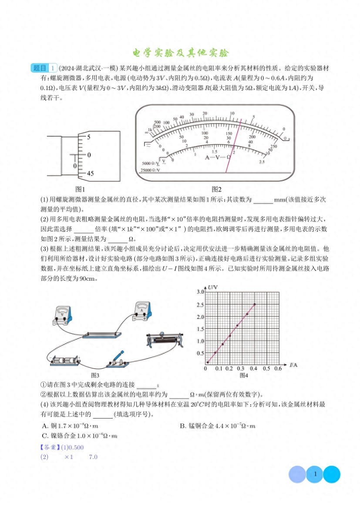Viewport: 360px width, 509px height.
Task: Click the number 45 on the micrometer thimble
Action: (x=90, y=173)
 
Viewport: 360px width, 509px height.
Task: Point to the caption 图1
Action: (x=80, y=189)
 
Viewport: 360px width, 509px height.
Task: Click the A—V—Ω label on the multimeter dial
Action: (x=218, y=157)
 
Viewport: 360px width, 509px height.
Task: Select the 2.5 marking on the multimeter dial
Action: (x=262, y=162)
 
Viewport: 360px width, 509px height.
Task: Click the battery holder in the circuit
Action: (x=64, y=360)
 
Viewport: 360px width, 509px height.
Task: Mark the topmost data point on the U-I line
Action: (x=254, y=304)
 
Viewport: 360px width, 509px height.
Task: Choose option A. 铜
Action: (x=78, y=426)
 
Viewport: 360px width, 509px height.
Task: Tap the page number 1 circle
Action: (x=314, y=474)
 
